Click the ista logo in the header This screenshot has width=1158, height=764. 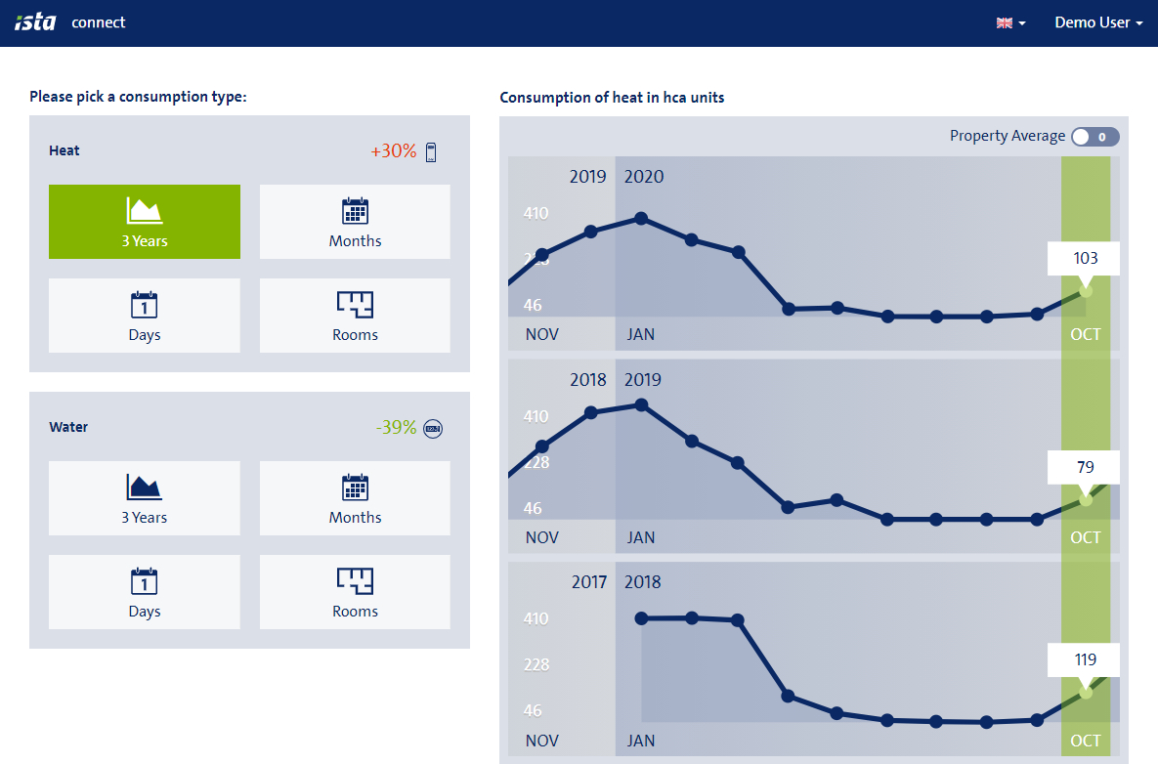(x=35, y=22)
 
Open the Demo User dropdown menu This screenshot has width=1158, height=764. (x=1098, y=22)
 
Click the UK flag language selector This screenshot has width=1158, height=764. (x=1010, y=22)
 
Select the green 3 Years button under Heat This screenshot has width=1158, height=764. (x=145, y=222)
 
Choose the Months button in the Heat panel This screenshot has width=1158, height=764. (x=355, y=222)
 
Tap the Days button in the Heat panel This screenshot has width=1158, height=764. (x=145, y=316)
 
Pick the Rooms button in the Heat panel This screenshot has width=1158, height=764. (x=355, y=316)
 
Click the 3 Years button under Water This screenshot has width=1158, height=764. (x=145, y=498)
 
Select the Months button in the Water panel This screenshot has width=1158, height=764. (x=355, y=498)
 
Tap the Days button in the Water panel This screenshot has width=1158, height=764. (x=145, y=592)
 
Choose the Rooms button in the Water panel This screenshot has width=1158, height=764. (x=355, y=592)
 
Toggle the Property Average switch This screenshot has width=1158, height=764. (x=1094, y=137)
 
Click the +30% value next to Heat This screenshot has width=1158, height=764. (x=394, y=151)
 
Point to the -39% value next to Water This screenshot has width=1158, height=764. (x=397, y=428)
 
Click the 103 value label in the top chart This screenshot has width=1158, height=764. (x=1085, y=259)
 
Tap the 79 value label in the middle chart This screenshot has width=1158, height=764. (x=1085, y=467)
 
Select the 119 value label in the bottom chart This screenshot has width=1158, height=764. (x=1085, y=659)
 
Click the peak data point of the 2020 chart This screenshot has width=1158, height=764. (x=641, y=218)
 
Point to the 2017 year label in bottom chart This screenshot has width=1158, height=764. (x=588, y=582)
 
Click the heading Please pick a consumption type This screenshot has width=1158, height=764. (x=138, y=97)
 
